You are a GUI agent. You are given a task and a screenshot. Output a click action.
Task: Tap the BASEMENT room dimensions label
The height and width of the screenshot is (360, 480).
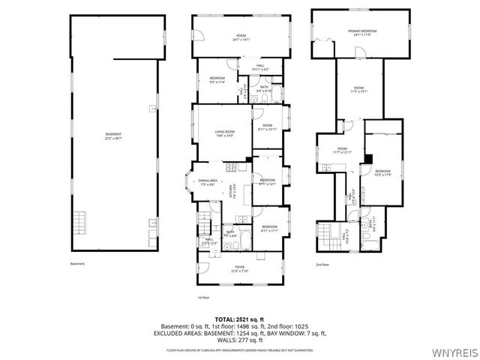113,136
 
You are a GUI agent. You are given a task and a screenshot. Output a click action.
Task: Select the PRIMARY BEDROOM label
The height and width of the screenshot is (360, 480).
361,32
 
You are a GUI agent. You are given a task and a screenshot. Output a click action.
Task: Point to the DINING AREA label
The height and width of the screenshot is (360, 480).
208,181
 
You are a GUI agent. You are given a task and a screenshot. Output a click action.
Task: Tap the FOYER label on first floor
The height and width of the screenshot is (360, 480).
239,268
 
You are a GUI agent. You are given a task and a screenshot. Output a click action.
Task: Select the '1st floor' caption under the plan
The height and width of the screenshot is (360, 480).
203,297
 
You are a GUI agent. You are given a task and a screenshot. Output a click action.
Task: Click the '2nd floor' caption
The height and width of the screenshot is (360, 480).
323,264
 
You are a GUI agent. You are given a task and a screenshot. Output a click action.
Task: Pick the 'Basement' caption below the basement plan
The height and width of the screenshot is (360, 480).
77,264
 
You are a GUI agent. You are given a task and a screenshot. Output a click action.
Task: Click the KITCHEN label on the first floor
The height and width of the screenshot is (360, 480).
236,193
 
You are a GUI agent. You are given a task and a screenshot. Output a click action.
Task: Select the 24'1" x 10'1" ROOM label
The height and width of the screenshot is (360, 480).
241,37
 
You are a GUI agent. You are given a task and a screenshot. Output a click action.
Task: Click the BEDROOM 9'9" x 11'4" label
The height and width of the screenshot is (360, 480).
217,80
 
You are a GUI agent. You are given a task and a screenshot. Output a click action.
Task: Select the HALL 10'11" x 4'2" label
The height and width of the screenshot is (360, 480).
260,67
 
